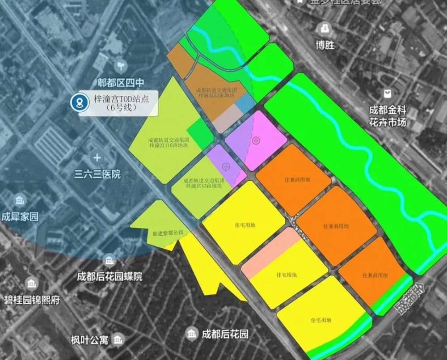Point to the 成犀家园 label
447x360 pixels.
(20, 217)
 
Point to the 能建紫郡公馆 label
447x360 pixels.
(168, 233)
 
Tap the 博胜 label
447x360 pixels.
(325, 45)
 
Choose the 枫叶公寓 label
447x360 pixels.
(89, 340)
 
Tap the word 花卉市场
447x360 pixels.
(388, 122)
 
